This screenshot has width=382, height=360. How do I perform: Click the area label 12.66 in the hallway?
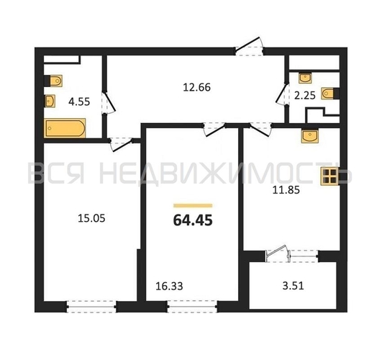196,87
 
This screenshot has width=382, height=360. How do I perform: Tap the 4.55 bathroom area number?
79,102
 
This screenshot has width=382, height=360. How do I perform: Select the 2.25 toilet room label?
305,95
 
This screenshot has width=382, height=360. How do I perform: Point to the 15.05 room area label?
91,218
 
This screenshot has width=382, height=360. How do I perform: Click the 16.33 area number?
169,286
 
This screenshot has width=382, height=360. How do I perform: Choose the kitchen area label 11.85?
286,190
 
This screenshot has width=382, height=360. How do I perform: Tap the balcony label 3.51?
293,286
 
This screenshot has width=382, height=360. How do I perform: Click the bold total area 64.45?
193,220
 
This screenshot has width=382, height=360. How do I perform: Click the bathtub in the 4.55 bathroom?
65,128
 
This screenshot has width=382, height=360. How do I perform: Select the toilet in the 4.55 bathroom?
54,81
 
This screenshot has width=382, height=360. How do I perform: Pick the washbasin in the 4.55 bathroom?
50,101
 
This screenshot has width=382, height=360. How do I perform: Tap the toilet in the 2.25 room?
330,93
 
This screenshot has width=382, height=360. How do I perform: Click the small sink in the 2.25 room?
305,78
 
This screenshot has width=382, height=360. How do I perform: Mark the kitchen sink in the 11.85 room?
309,136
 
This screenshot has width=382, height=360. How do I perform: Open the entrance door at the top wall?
250,47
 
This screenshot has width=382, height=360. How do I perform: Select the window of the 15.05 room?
91,306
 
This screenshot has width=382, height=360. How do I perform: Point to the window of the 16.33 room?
193,306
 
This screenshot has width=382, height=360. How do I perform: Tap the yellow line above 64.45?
193,206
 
